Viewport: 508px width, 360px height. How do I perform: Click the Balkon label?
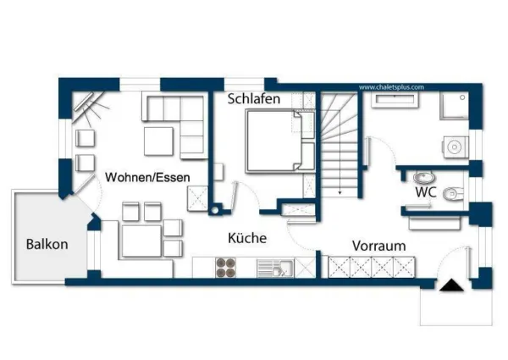47,244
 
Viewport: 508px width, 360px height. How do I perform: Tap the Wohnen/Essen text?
146,177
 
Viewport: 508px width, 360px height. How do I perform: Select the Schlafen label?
253,99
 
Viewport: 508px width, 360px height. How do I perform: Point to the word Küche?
248,239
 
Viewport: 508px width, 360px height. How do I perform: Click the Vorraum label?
378,246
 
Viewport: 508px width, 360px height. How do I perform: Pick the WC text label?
425,192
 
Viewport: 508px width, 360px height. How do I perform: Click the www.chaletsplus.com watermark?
391,86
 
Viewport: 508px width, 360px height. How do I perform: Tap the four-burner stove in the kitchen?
227,268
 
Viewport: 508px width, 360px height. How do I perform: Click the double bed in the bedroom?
273,142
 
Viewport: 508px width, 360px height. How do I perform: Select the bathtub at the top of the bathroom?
396,99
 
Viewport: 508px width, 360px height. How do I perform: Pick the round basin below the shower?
455,147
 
